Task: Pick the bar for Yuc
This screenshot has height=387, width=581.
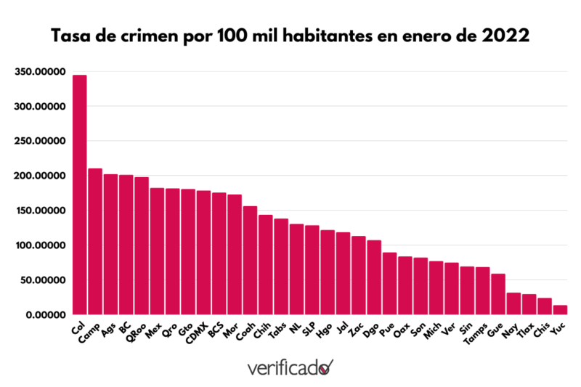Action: [x=560, y=310]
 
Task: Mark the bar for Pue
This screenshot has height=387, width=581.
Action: [x=389, y=283]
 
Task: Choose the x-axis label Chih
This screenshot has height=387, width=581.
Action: [x=261, y=330]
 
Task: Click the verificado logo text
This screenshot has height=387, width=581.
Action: [x=283, y=368]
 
